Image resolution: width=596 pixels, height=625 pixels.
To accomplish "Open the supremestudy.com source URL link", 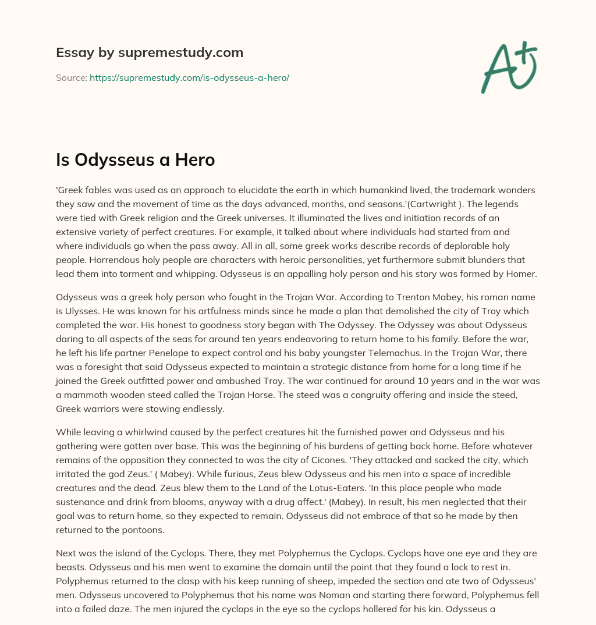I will click(x=189, y=77).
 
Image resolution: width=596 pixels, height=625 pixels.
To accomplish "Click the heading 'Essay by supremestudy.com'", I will click(x=150, y=53).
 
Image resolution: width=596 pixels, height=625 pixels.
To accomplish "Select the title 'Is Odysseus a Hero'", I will click(x=135, y=160).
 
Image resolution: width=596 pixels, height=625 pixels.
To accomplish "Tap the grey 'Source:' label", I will click(x=72, y=77).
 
